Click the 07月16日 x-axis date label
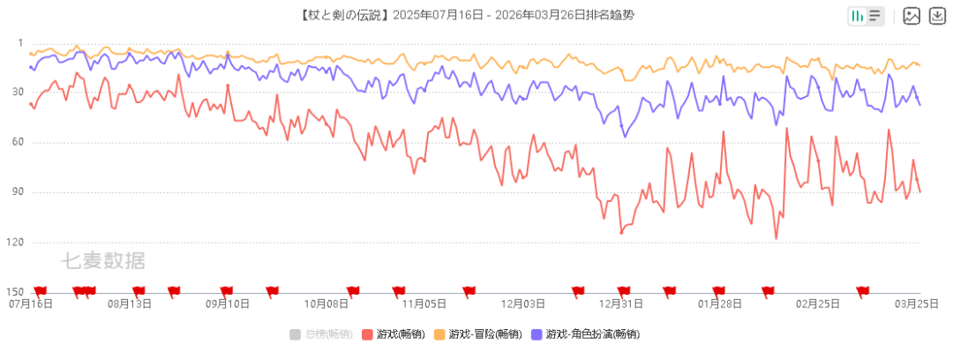31,304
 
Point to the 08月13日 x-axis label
130,304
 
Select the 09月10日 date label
228,304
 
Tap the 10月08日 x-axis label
326,304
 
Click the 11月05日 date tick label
424,304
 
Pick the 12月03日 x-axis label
523,304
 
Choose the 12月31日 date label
621,304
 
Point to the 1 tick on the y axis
19,42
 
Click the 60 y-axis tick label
18,142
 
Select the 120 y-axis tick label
15,242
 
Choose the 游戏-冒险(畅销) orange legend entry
480,334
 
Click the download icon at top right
937,16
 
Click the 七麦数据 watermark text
102,261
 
